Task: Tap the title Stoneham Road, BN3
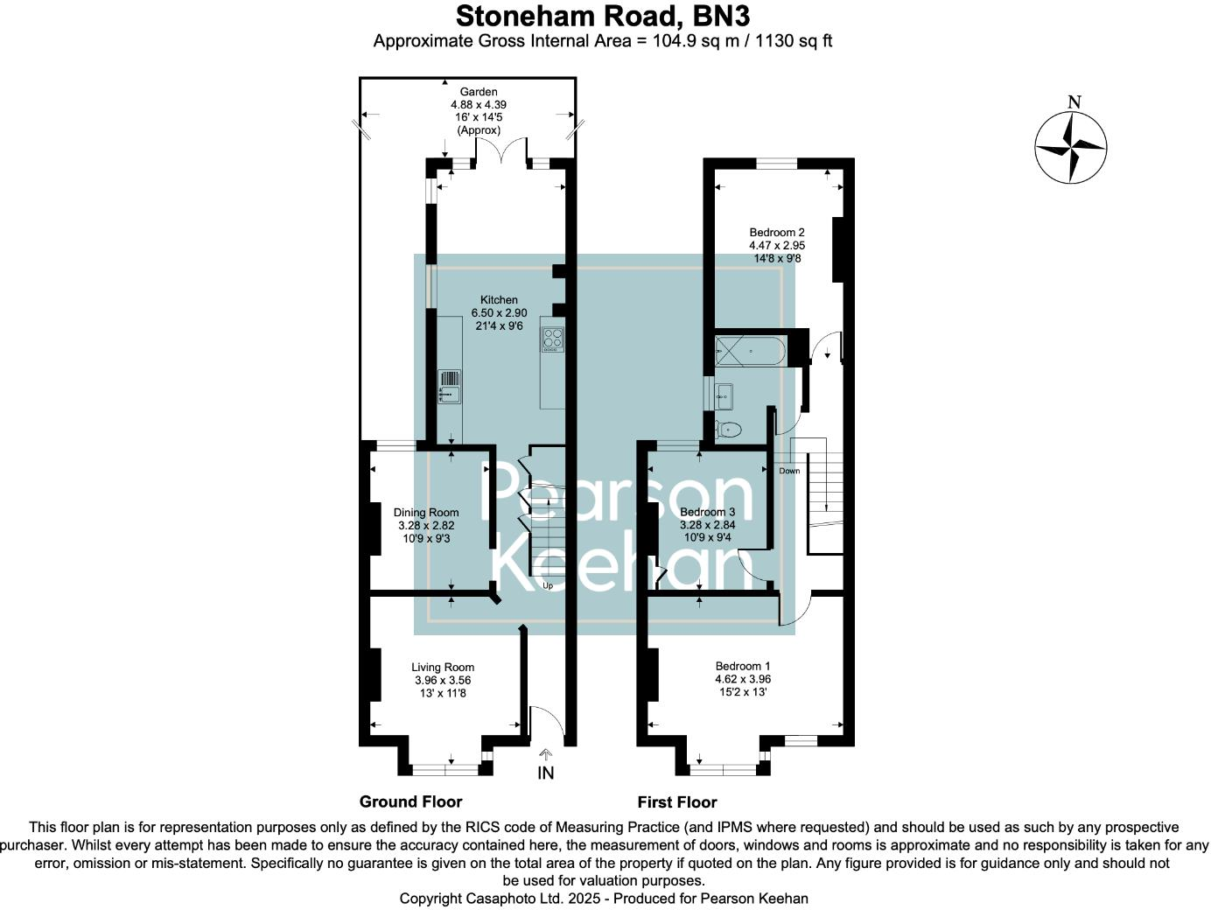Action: click(603, 16)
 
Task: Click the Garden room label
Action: click(479, 92)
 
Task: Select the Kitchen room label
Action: click(499, 300)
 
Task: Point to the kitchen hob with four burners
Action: click(552, 339)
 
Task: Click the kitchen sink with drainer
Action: click(449, 386)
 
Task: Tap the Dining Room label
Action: click(426, 513)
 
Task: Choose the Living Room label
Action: click(443, 668)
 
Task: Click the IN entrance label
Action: click(546, 773)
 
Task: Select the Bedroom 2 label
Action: click(777, 233)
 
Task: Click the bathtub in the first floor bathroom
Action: click(751, 352)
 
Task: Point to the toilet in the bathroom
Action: click(728, 429)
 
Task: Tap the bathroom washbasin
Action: click(723, 396)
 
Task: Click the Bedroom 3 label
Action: click(707, 512)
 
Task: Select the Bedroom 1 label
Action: click(743, 666)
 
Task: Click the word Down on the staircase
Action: click(789, 471)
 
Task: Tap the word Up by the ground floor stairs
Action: click(548, 585)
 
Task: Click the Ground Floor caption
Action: click(410, 801)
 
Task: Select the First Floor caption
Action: click(676, 801)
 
